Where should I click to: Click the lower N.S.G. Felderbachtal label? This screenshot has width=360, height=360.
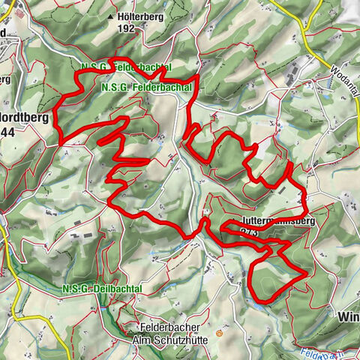click(139, 88)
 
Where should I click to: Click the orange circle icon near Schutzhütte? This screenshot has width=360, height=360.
click(219, 332)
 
